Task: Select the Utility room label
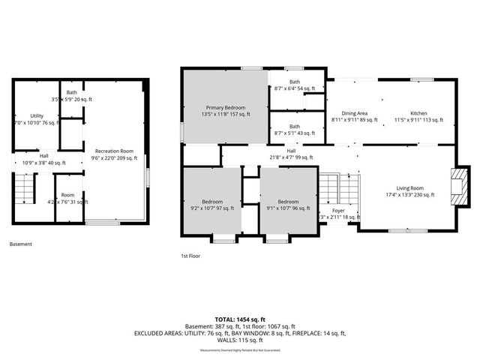36,119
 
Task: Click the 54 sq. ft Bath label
295,85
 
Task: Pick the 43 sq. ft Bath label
295,130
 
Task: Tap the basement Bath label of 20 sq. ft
71,96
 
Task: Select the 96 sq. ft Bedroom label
288,205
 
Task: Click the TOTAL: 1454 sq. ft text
239,319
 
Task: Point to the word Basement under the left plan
21,244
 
